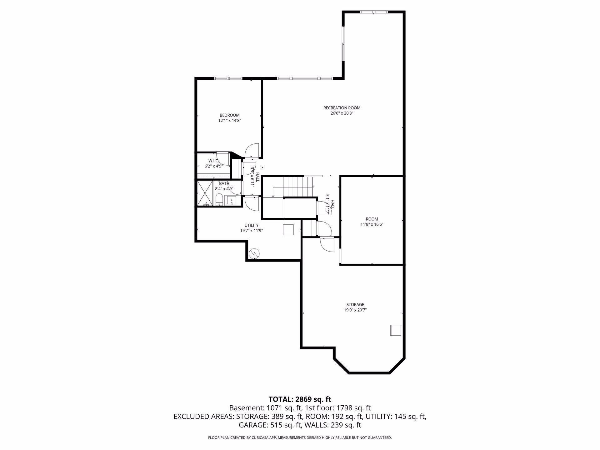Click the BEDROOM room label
[229, 115]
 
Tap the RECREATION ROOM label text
[342, 108]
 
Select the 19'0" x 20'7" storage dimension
[355, 310]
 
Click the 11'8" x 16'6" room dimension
[372, 224]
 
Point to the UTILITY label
[251, 225]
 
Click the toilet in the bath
[219, 199]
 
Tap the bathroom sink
[232, 200]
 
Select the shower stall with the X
[205, 193]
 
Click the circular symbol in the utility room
[254, 253]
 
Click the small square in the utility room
[288, 230]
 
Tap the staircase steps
[297, 186]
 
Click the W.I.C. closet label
[213, 161]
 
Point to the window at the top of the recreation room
[374, 12]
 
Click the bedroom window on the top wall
[228, 78]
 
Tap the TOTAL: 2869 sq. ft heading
[300, 399]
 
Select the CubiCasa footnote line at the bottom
[300, 438]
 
